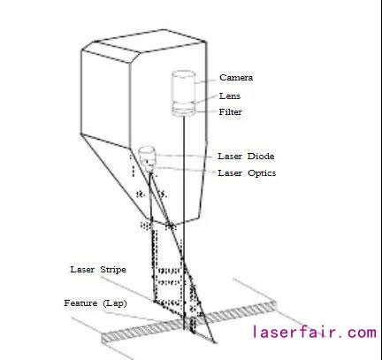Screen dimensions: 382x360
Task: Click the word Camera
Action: click(x=236, y=78)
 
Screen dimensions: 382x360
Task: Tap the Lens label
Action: click(x=230, y=96)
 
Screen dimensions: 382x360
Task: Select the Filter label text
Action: click(x=230, y=112)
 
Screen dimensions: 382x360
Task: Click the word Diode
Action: click(x=260, y=156)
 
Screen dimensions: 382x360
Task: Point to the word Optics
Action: click(x=262, y=173)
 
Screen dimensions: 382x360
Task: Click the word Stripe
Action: click(x=113, y=270)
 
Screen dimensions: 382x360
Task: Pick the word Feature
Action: click(x=80, y=303)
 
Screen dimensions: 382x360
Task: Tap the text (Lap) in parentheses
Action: click(x=115, y=303)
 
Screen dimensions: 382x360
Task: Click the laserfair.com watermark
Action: click(x=314, y=332)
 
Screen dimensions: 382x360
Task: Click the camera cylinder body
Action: click(x=183, y=87)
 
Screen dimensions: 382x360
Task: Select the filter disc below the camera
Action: click(x=184, y=111)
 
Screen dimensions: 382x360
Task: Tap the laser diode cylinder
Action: click(x=147, y=154)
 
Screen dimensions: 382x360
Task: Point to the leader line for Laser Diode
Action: click(x=183, y=156)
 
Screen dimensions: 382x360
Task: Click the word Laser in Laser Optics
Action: click(x=230, y=172)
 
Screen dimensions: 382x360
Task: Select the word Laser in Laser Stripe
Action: click(x=82, y=269)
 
